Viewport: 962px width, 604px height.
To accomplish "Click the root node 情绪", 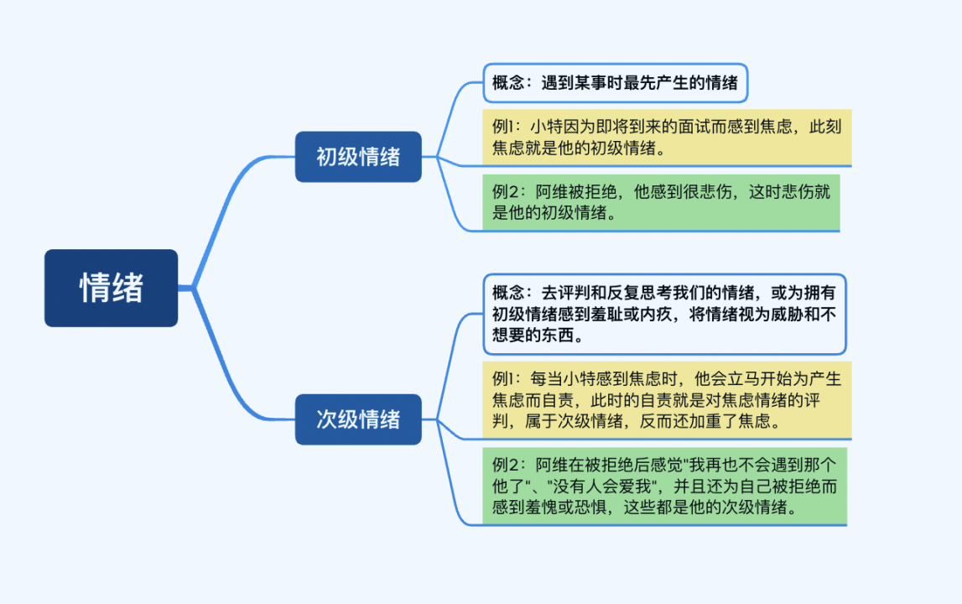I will pyautogui.click(x=111, y=288).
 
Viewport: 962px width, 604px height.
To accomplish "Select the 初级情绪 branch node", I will pyautogui.click(x=358, y=157).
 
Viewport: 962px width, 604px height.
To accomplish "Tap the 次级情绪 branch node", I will pyautogui.click(x=358, y=419).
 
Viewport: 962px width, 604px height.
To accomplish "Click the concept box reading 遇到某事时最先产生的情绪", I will pyautogui.click(x=615, y=83).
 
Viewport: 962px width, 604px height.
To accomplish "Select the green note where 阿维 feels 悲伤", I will pyautogui.click(x=661, y=202).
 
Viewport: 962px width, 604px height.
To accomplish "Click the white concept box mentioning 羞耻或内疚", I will pyautogui.click(x=664, y=314).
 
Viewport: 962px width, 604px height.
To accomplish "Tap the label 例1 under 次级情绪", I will pyautogui.click(x=507, y=379).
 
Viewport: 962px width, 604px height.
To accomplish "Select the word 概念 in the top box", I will pyautogui.click(x=508, y=83).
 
